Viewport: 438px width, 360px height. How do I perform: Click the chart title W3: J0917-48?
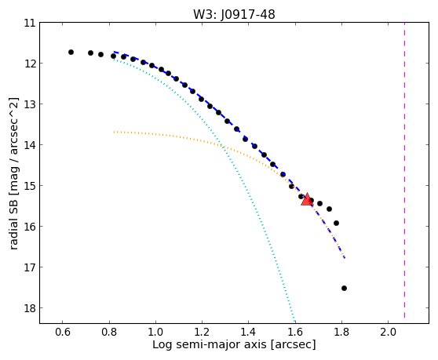[234, 14]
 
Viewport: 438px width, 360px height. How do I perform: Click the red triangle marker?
[307, 199]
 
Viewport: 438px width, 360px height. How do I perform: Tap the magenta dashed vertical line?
[404, 170]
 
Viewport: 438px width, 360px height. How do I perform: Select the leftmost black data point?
[71, 53]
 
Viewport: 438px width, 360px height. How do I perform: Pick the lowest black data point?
[344, 289]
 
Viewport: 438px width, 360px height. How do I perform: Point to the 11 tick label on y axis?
[30, 23]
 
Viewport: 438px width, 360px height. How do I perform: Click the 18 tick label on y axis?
[30, 308]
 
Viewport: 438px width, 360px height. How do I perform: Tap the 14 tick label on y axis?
[30, 145]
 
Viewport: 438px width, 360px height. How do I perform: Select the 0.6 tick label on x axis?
[63, 332]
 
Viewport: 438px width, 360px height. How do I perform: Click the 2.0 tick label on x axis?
[388, 332]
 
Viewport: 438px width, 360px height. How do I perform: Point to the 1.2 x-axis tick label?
[202, 332]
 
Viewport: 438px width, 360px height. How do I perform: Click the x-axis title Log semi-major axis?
[210, 344]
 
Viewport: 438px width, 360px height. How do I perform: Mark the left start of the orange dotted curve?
[114, 132]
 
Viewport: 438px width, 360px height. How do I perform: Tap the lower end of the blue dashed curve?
[345, 258]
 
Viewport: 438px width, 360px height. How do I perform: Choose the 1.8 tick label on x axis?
[341, 332]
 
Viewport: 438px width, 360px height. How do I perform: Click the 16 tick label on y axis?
[30, 227]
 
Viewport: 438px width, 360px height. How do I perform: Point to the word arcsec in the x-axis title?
[293, 344]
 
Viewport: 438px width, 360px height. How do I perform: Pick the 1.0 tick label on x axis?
[155, 332]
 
